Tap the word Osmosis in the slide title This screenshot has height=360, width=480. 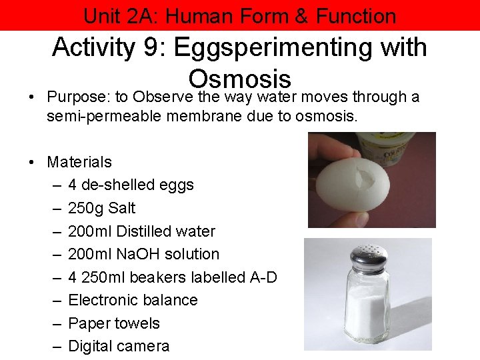(x=240, y=79)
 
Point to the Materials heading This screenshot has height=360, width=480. (x=79, y=161)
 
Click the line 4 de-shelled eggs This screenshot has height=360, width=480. (x=131, y=185)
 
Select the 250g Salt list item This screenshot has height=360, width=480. (x=101, y=208)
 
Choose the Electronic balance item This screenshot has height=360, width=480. (x=133, y=300)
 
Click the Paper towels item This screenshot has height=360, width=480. (x=114, y=323)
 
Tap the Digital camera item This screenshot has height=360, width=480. (x=119, y=346)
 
